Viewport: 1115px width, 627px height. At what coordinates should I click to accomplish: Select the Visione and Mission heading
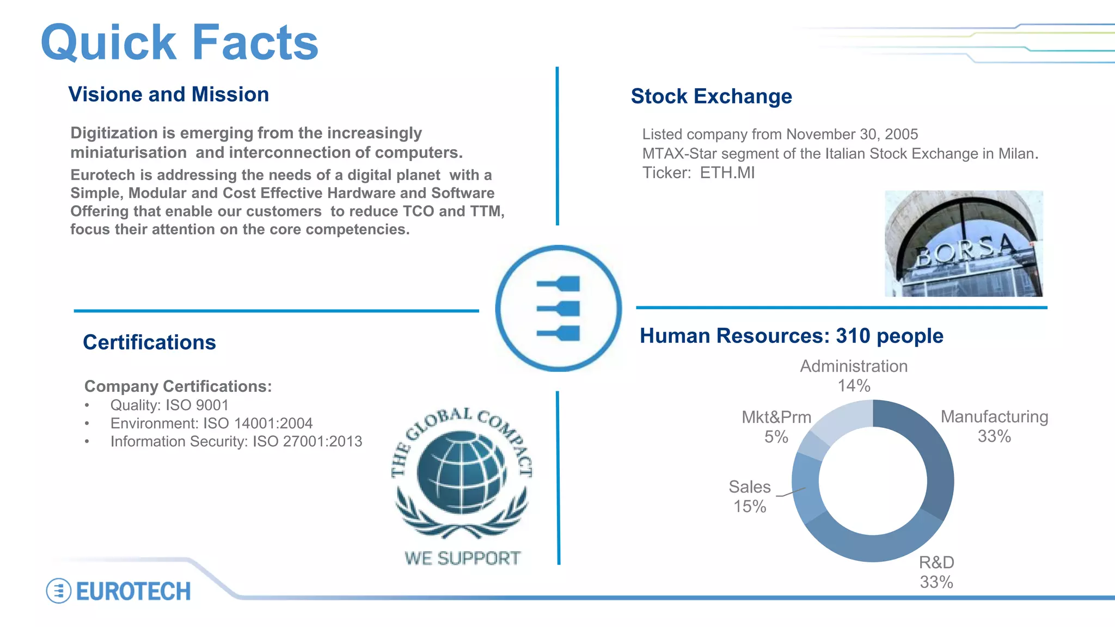click(x=169, y=94)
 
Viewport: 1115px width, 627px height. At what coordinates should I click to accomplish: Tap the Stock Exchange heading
click(x=711, y=96)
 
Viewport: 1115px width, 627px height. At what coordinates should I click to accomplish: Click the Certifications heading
click(x=149, y=342)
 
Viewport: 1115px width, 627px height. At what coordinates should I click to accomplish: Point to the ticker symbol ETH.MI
click(x=727, y=173)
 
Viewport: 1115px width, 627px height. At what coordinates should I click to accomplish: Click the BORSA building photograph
click(x=963, y=243)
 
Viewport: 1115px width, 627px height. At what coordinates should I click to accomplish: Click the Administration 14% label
click(x=854, y=376)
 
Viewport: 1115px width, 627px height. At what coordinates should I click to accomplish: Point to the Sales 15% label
click(x=750, y=496)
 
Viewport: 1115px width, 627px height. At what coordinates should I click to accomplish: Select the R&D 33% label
click(x=936, y=572)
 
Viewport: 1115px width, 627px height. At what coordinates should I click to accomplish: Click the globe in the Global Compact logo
click(x=461, y=472)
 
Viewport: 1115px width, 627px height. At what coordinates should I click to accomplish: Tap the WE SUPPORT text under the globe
click(x=462, y=558)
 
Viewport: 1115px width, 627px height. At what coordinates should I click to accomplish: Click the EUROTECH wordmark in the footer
click(x=133, y=592)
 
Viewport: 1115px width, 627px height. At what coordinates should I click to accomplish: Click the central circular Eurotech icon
click(x=558, y=309)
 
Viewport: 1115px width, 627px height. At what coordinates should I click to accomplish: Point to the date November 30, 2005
click(x=851, y=134)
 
